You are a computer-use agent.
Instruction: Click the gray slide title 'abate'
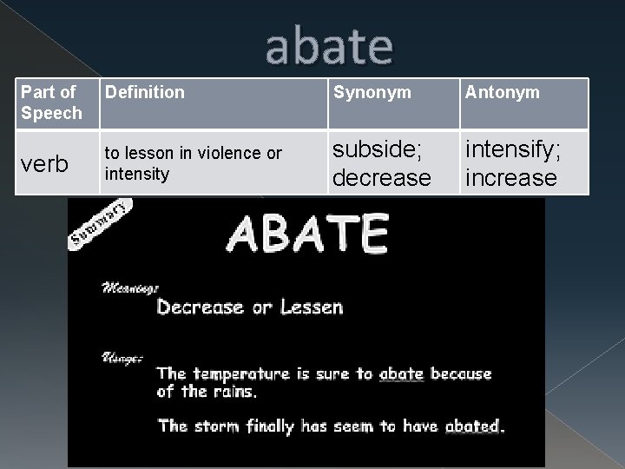(329, 48)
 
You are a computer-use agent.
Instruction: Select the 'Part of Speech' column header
(51, 102)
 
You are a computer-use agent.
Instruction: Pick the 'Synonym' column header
(373, 91)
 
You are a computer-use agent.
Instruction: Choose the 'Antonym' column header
(503, 91)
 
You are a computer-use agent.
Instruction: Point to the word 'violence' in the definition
(232, 154)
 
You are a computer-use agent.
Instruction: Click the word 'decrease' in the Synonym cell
(383, 177)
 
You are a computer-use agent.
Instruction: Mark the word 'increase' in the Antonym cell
(511, 177)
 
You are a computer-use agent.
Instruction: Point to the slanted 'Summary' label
(101, 222)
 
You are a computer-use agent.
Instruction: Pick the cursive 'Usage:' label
(122, 357)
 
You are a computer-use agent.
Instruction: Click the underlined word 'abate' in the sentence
(400, 374)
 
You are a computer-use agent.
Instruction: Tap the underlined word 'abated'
(472, 426)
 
